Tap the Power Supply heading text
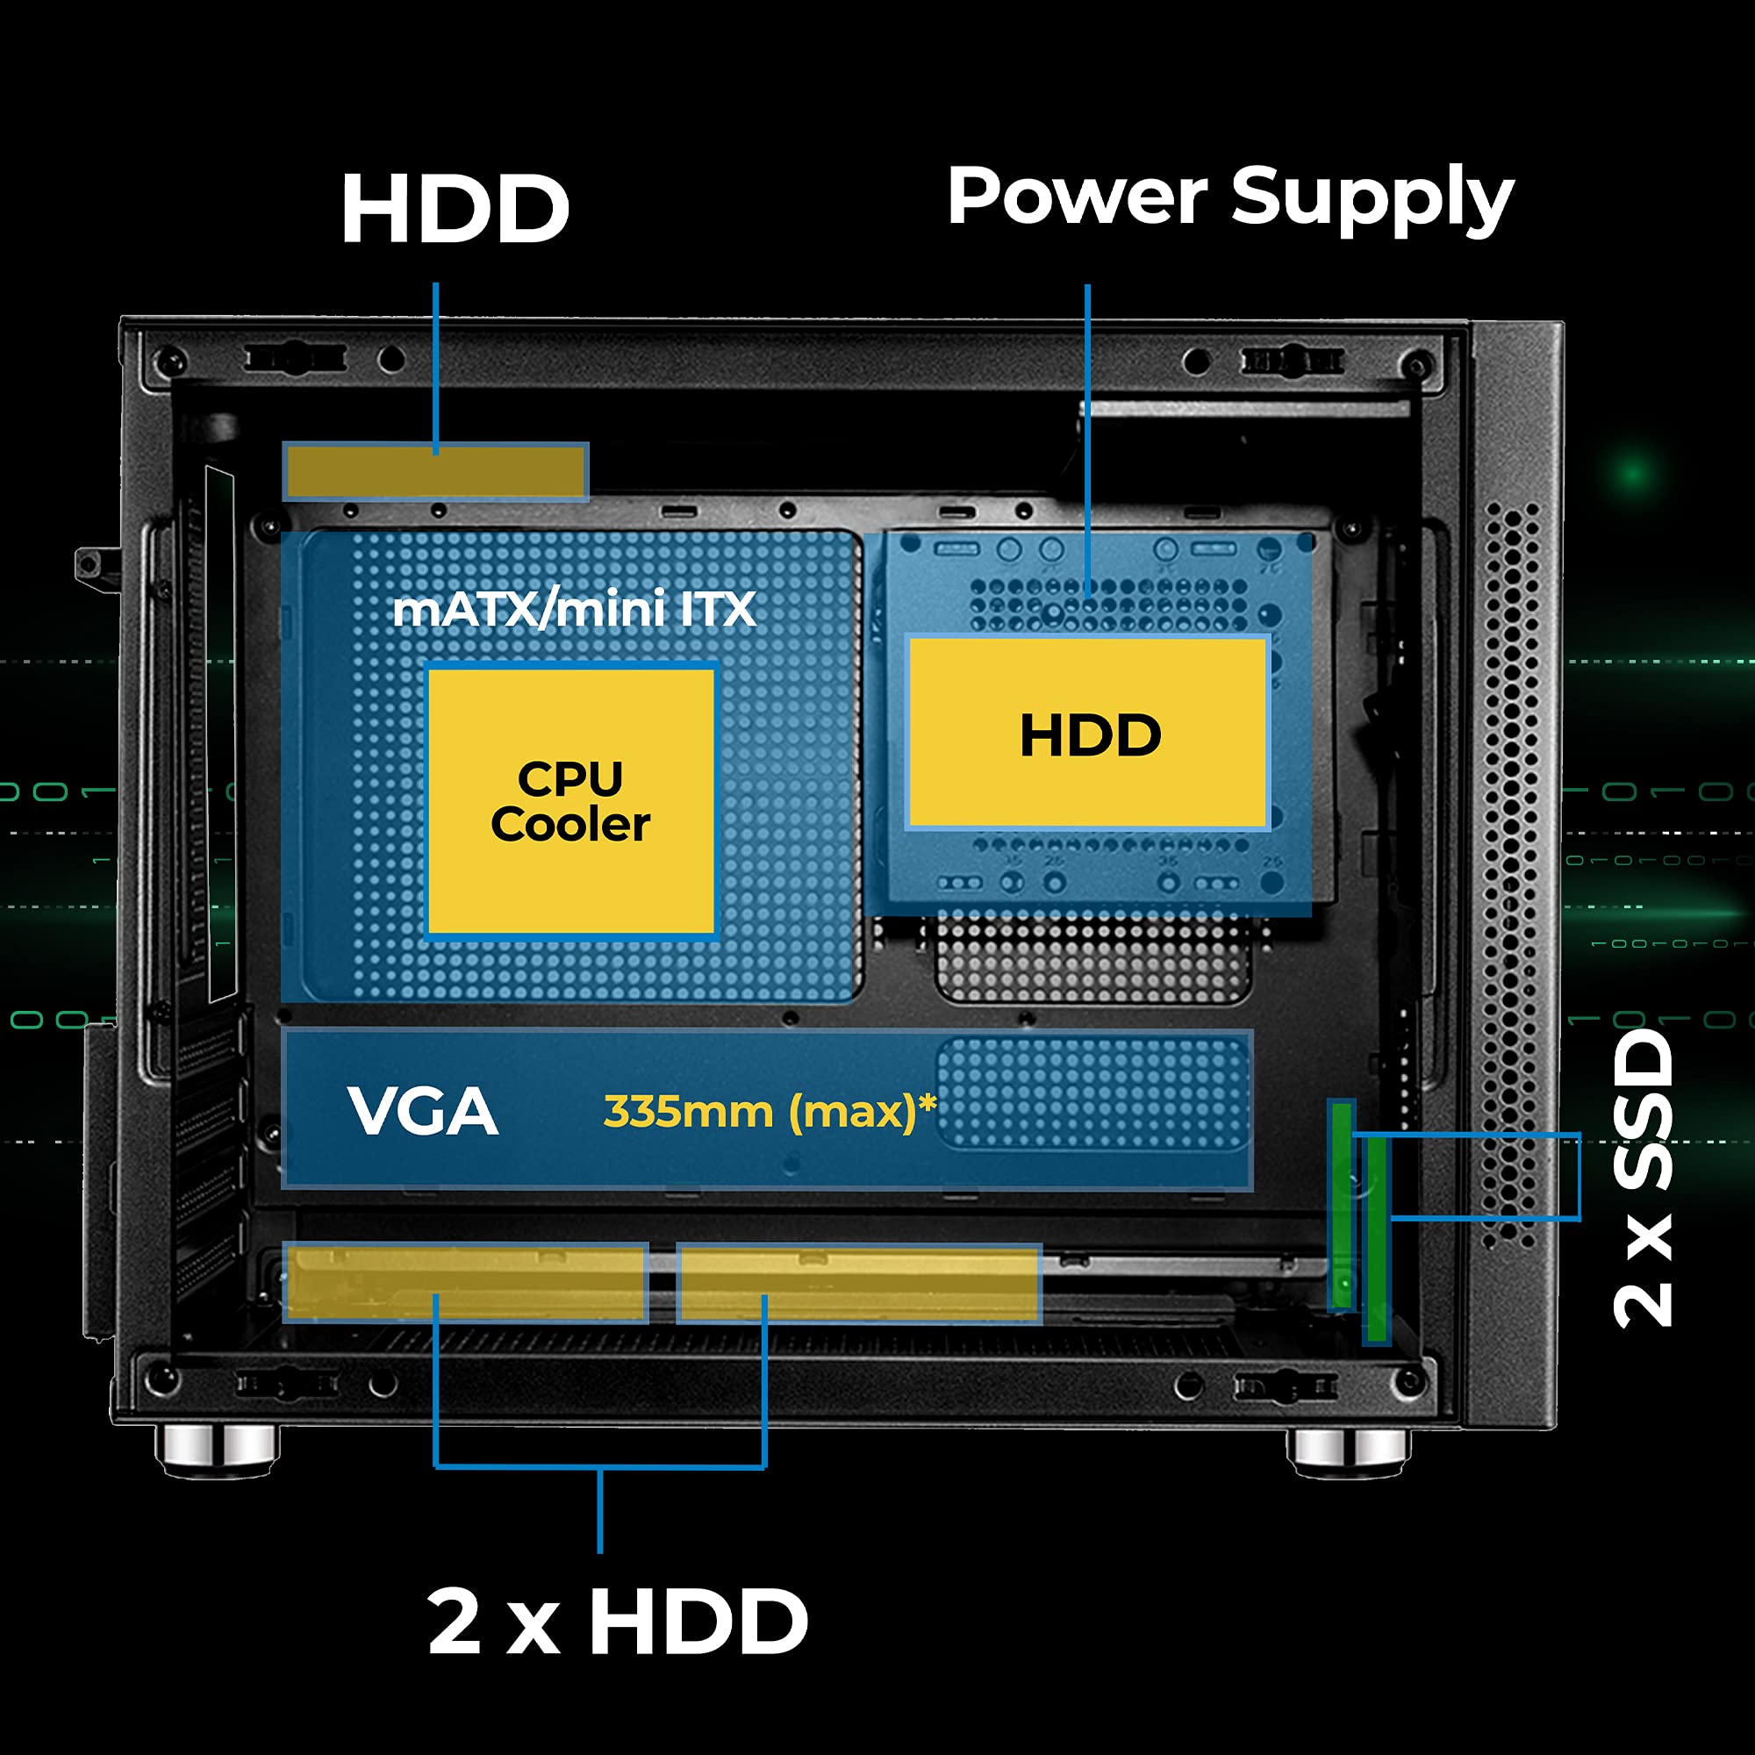pyautogui.click(x=1230, y=198)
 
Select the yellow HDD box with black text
pyautogui.click(x=1088, y=733)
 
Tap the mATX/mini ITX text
pyautogui.click(x=574, y=610)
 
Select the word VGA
pyautogui.click(x=422, y=1111)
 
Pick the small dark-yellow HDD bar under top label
pyautogui.click(x=436, y=471)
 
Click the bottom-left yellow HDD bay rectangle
pyautogui.click(x=465, y=1282)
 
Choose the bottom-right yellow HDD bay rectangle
pyautogui.click(x=858, y=1283)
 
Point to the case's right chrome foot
pyautogui.click(x=1348, y=1448)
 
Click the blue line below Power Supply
pyautogui.click(x=1087, y=436)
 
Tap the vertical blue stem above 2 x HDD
pyautogui.click(x=599, y=1508)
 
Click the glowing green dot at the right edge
pyautogui.click(x=1632, y=473)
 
